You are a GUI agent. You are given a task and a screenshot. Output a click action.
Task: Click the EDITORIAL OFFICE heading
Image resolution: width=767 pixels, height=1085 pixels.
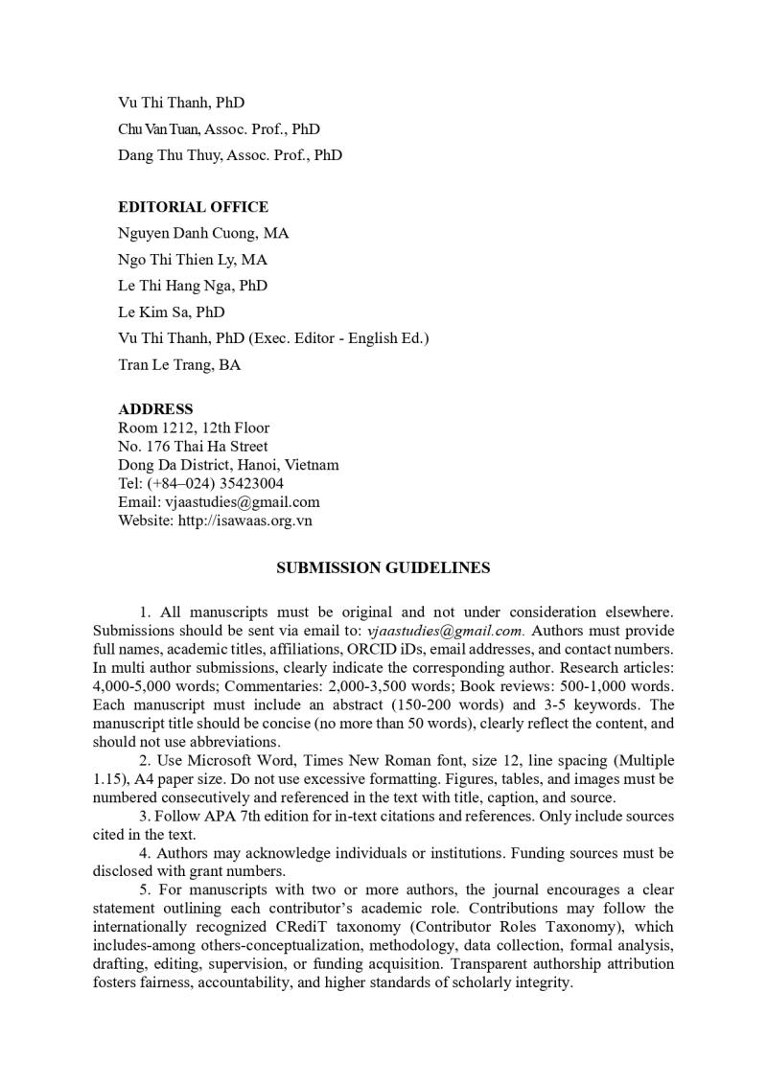(x=193, y=207)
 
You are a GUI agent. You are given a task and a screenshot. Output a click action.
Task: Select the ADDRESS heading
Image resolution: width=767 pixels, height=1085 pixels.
(x=155, y=409)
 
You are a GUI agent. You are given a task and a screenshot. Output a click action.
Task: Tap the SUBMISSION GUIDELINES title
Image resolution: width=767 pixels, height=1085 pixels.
(x=383, y=567)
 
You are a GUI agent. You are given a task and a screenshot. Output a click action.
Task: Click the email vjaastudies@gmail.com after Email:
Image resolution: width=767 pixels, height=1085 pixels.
(x=243, y=501)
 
